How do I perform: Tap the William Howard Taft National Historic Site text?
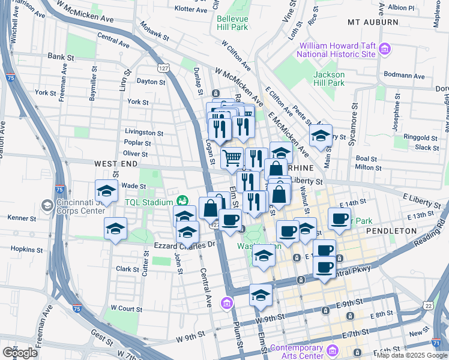(337, 50)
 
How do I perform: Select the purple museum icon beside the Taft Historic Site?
(385, 49)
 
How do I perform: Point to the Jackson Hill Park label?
(328, 79)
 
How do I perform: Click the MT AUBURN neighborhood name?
(373, 22)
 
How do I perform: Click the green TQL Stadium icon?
(182, 202)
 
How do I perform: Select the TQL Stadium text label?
(148, 202)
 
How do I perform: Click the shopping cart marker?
(232, 159)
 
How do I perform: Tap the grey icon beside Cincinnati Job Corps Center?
(47, 206)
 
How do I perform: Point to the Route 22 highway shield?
(427, 306)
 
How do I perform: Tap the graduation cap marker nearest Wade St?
(106, 191)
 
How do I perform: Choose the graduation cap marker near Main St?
(321, 135)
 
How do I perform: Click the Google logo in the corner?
(20, 352)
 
